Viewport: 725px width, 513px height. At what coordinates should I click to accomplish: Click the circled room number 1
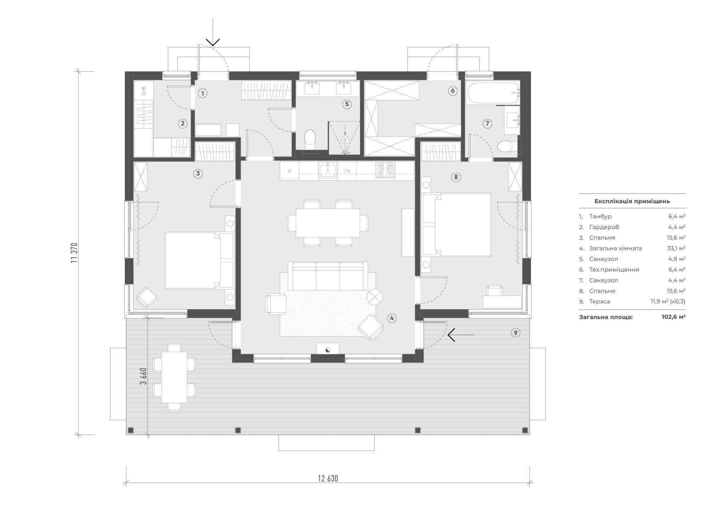tap(202, 94)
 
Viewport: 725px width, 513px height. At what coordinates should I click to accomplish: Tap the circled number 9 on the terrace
tap(515, 333)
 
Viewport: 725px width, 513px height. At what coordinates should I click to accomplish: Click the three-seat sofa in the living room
tap(328, 276)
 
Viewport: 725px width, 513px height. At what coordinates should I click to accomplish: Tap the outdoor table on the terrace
tap(174, 377)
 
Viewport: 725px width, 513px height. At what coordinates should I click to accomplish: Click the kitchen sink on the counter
tap(328, 170)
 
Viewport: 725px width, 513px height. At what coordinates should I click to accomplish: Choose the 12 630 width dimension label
tap(328, 479)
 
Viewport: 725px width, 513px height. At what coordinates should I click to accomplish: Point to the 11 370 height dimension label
tap(74, 253)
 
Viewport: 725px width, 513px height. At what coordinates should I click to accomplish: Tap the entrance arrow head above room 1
tap(213, 42)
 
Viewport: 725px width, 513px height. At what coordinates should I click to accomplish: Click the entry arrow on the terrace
tap(461, 335)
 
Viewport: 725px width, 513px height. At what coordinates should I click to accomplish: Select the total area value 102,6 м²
tap(673, 317)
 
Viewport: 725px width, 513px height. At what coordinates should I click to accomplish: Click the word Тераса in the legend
tap(600, 301)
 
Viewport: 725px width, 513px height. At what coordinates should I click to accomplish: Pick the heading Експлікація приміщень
tap(632, 201)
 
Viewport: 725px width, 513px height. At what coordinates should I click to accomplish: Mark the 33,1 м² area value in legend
tap(676, 248)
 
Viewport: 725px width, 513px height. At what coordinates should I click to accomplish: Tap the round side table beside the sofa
tap(375, 297)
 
